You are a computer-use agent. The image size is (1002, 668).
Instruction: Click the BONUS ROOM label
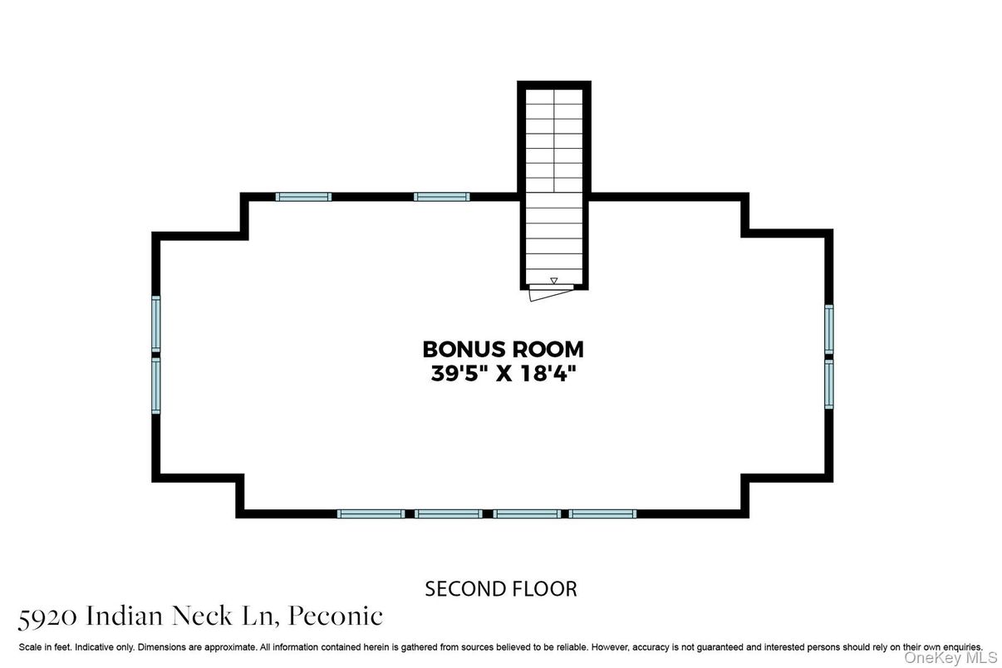coord(503,350)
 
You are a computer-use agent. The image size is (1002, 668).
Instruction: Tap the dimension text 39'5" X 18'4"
coord(503,373)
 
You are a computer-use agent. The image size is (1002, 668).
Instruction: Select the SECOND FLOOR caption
coord(500,589)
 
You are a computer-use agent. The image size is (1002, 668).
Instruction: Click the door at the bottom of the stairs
coord(551,292)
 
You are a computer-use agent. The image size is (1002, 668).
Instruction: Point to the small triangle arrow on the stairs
coord(554,281)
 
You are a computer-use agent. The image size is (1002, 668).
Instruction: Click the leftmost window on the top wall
coord(303,197)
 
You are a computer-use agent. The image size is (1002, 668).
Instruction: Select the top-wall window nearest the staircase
coord(441,197)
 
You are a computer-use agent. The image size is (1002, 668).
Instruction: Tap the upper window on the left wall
coord(155,324)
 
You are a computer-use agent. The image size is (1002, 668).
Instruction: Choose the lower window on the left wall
coord(155,386)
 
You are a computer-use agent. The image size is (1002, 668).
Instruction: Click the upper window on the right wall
coord(829,329)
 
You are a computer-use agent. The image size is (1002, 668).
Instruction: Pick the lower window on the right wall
coord(829,385)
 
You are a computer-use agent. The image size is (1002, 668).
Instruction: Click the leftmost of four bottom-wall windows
coord(371,514)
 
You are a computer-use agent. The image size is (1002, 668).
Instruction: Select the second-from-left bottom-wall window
coord(448,514)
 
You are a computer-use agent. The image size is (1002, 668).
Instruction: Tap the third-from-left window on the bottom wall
coord(527,514)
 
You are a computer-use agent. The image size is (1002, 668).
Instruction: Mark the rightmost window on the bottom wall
coord(602,514)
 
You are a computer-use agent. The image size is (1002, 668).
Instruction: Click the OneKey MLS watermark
coord(951,658)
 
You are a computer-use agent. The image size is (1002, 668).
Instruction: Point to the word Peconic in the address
coord(336,616)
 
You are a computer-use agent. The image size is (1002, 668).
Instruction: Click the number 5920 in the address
coord(47,618)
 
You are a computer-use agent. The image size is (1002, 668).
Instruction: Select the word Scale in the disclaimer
coord(30,647)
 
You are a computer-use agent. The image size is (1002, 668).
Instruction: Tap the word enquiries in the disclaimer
coord(963,647)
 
